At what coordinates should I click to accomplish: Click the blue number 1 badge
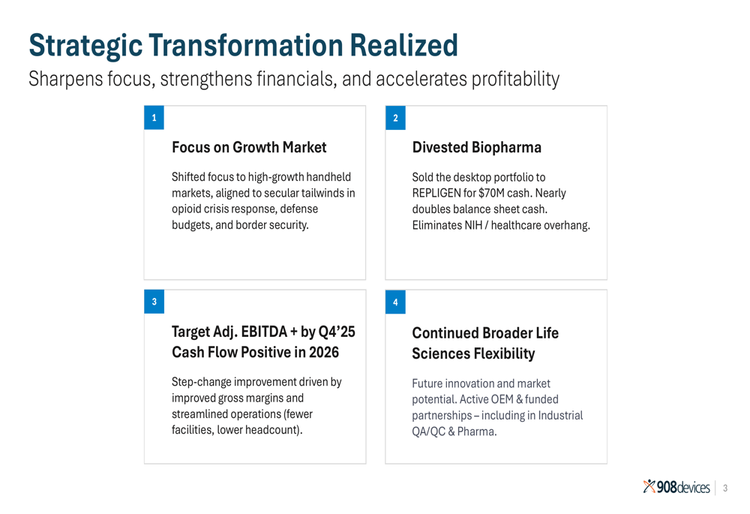[x=154, y=118]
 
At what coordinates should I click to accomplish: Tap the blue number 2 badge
[x=395, y=118]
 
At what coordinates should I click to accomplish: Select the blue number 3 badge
[x=154, y=302]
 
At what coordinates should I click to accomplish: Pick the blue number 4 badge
[x=395, y=302]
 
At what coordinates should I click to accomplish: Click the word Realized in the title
[x=403, y=46]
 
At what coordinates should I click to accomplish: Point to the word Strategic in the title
[x=85, y=47]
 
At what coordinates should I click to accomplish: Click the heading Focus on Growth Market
[x=249, y=147]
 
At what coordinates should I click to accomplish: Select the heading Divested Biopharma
[x=477, y=147]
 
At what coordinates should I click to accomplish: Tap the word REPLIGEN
[x=436, y=194]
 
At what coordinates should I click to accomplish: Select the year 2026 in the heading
[x=324, y=352]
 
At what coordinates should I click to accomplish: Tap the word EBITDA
[x=264, y=332]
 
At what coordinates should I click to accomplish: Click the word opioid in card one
[x=185, y=209]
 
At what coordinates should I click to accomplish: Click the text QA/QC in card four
[x=428, y=431]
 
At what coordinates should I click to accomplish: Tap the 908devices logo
[x=676, y=487]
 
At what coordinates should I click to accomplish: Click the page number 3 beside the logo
[x=725, y=488]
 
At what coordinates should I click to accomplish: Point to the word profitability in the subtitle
[x=516, y=80]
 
